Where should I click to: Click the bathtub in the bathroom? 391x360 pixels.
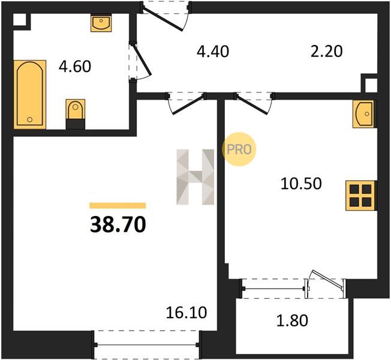30,95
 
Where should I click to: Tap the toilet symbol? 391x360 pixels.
76,114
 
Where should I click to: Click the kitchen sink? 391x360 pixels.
363,114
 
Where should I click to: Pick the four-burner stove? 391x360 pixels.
360,196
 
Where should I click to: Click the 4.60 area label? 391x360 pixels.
75,67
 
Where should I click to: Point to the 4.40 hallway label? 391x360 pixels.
213,52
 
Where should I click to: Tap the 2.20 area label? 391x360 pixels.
326,52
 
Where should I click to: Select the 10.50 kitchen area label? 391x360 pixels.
301,184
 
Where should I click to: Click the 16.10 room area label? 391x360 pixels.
187,313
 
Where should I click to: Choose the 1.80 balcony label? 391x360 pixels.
292,320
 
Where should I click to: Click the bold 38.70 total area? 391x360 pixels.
118,224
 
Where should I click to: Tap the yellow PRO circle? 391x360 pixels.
239,149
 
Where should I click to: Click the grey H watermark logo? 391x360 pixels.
195,177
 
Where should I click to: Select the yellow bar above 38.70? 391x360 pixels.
118,205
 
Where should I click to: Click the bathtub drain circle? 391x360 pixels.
29,119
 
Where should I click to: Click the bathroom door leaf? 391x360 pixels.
142,60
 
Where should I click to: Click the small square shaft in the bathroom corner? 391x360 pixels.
19,19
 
